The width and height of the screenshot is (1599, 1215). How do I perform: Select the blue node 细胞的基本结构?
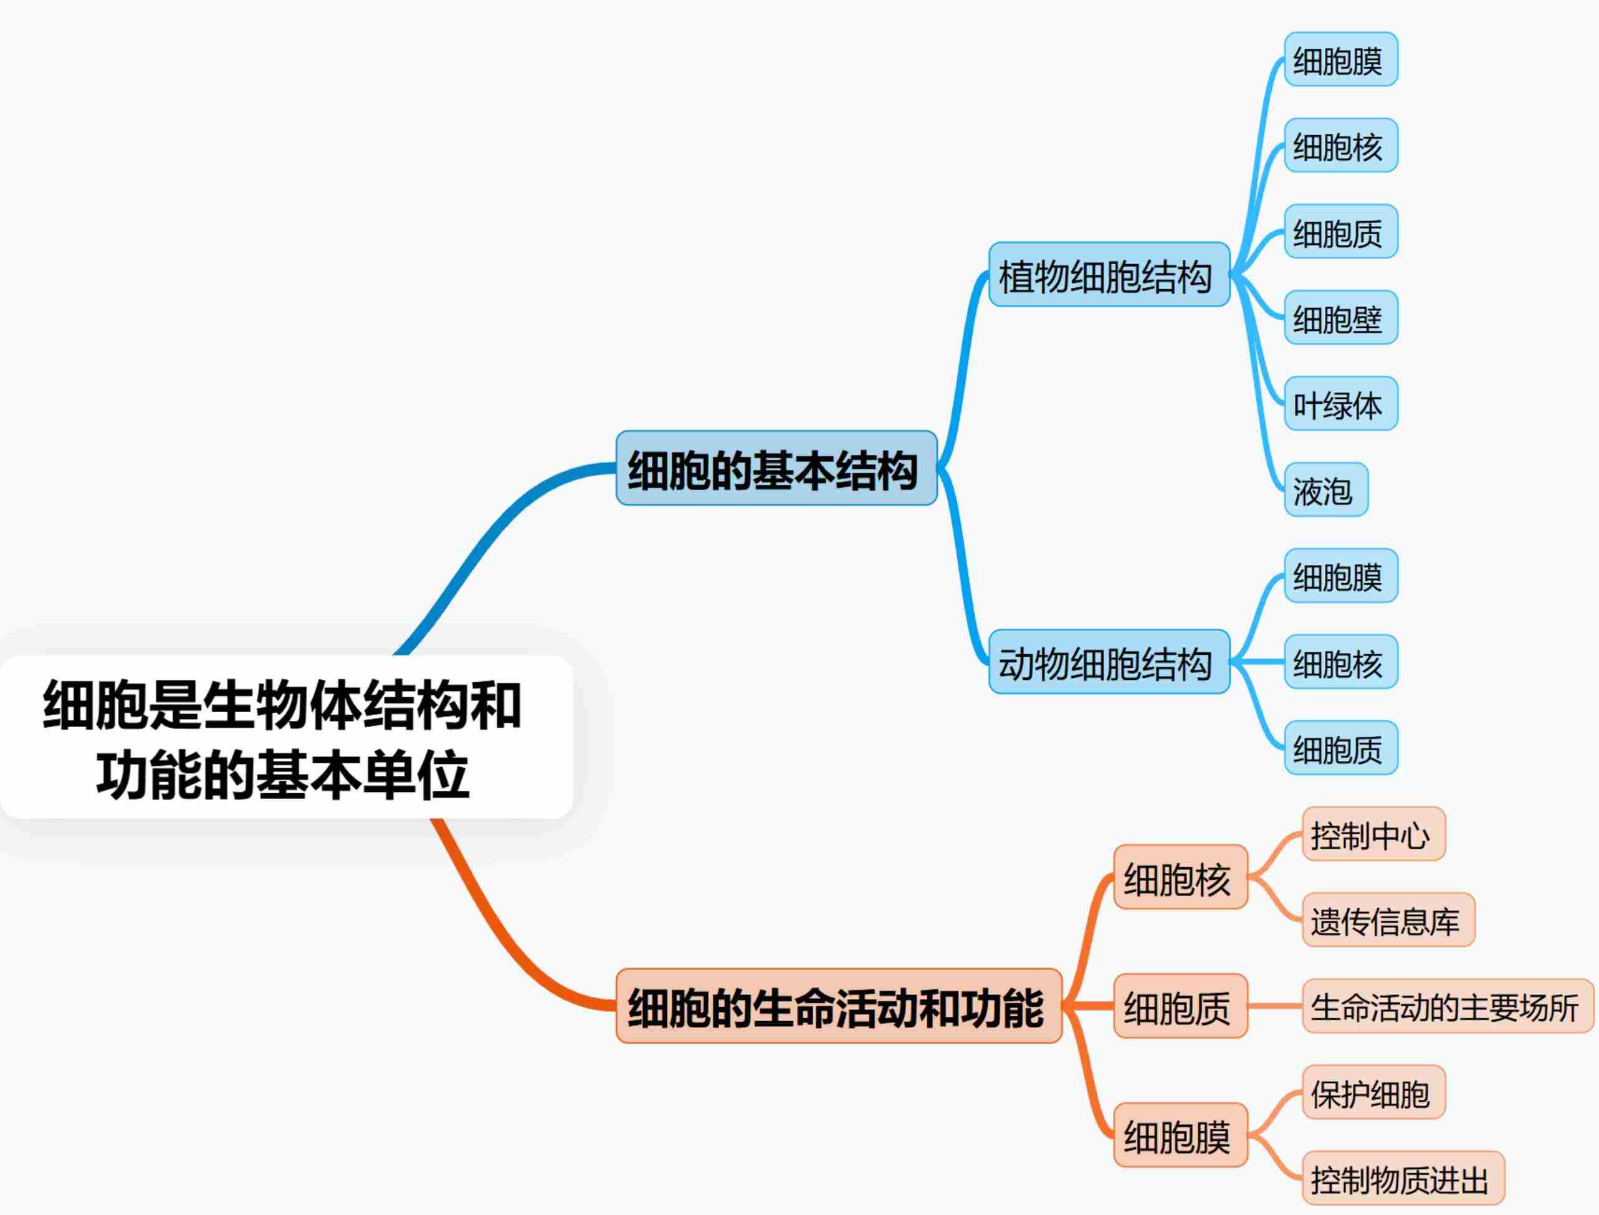coord(776,468)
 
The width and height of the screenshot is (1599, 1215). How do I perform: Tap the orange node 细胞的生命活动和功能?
coord(838,1006)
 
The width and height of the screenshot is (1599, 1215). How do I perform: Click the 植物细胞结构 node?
coord(1109,275)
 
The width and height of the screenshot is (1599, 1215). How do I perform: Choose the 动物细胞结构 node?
coord(1109,662)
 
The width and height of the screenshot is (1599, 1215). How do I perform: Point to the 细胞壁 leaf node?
coord(1340,318)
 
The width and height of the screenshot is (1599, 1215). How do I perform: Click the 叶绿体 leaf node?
coord(1340,404)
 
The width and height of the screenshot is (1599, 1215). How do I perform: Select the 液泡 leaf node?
coord(1325,490)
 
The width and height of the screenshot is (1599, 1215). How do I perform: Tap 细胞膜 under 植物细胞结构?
coord(1340,59)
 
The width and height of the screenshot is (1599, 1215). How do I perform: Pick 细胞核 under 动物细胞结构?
coord(1340,662)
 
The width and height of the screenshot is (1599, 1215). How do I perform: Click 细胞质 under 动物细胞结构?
coord(1340,748)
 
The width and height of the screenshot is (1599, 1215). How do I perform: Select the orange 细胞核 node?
coord(1180,877)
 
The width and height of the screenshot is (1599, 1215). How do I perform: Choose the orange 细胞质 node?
coord(1180,1006)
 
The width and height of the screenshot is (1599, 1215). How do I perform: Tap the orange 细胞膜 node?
coord(1180,1135)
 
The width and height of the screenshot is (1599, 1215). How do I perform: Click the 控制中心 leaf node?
coord(1373,834)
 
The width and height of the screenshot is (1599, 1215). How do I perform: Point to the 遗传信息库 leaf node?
coord(1387,920)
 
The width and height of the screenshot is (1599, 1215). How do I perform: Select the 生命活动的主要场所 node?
coord(1447,1006)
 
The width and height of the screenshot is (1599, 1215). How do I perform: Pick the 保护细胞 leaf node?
coord(1373,1092)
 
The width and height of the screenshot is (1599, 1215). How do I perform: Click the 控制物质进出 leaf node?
coord(1402,1178)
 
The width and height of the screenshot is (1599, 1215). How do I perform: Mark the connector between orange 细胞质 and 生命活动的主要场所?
coord(1275,1006)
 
